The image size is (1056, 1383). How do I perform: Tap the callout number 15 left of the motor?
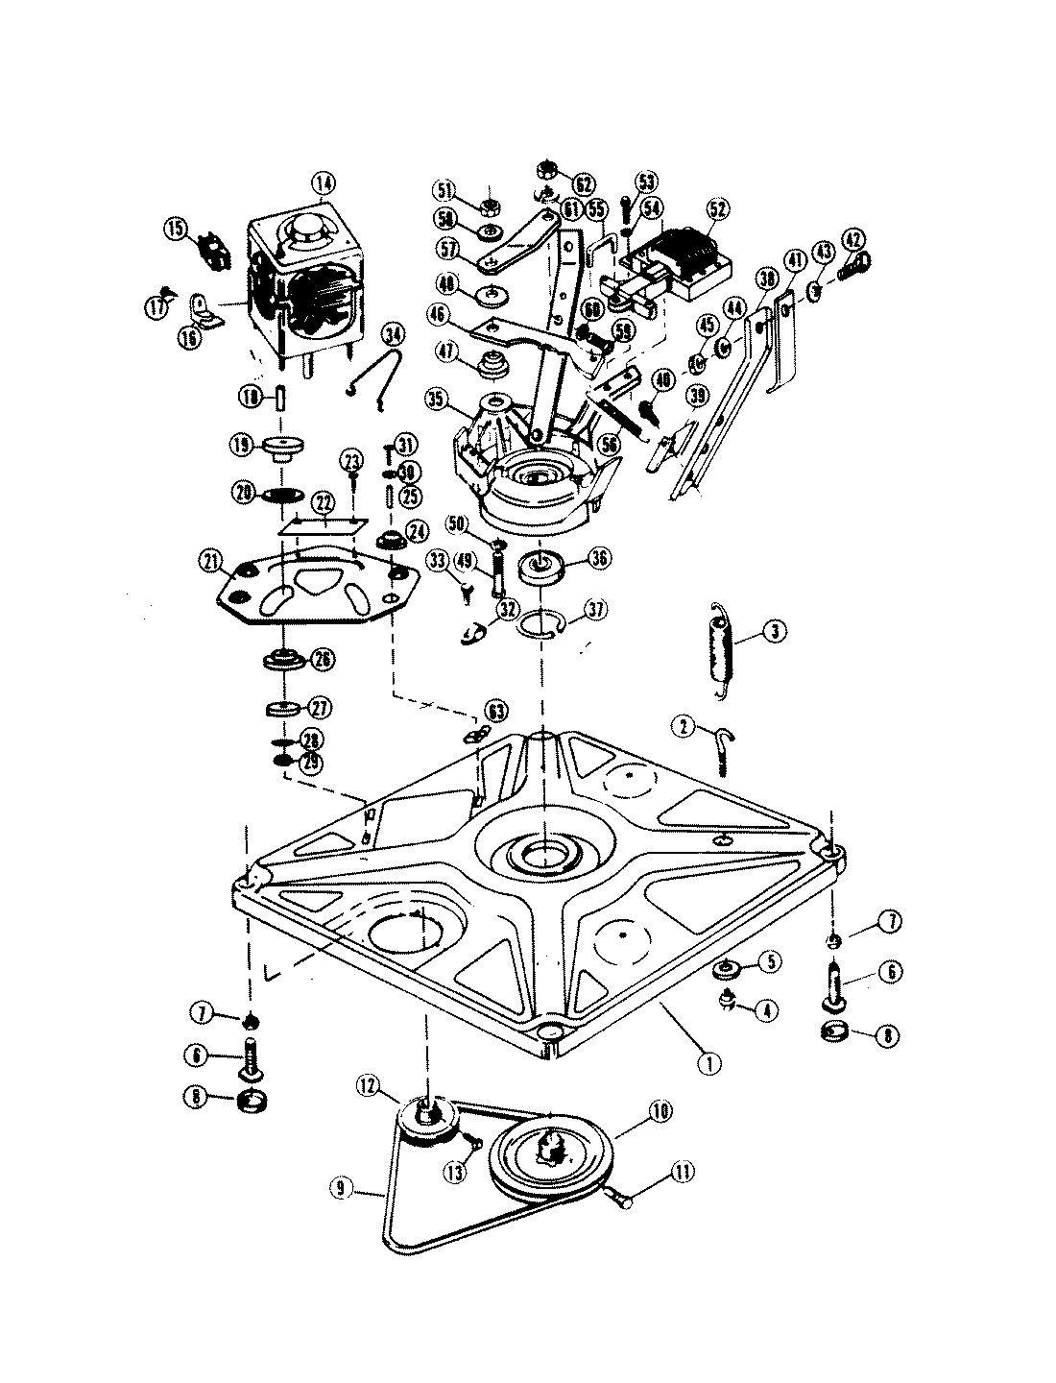[x=176, y=228]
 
